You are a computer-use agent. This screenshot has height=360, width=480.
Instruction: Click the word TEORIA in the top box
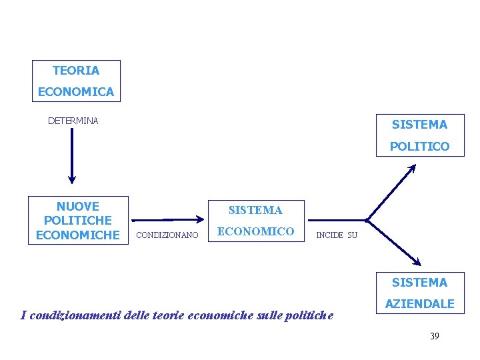[x=76, y=71]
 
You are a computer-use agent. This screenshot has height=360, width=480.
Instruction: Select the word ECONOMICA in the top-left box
[x=76, y=92]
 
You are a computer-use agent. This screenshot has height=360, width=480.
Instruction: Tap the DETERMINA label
[x=73, y=121]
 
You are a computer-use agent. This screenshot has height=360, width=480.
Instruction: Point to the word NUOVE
[x=78, y=207]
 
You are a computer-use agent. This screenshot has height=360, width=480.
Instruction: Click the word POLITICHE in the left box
[x=78, y=221]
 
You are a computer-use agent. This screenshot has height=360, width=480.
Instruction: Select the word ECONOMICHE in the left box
[x=78, y=235]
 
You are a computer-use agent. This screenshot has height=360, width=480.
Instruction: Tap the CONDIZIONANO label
[x=167, y=235]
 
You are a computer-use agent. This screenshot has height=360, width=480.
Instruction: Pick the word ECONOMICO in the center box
[x=255, y=231]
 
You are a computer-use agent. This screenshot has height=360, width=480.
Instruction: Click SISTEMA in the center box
[x=255, y=210]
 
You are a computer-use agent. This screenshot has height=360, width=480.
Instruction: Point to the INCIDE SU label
[x=337, y=235]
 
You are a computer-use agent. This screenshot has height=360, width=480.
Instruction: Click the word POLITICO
[x=419, y=146]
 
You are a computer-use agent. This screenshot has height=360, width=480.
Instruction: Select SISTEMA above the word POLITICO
[x=419, y=125]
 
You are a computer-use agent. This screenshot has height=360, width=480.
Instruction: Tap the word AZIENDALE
[x=419, y=304]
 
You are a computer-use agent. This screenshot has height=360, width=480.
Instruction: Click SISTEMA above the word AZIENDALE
[x=419, y=283]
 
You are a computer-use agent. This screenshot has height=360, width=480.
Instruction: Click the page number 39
[x=434, y=336]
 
